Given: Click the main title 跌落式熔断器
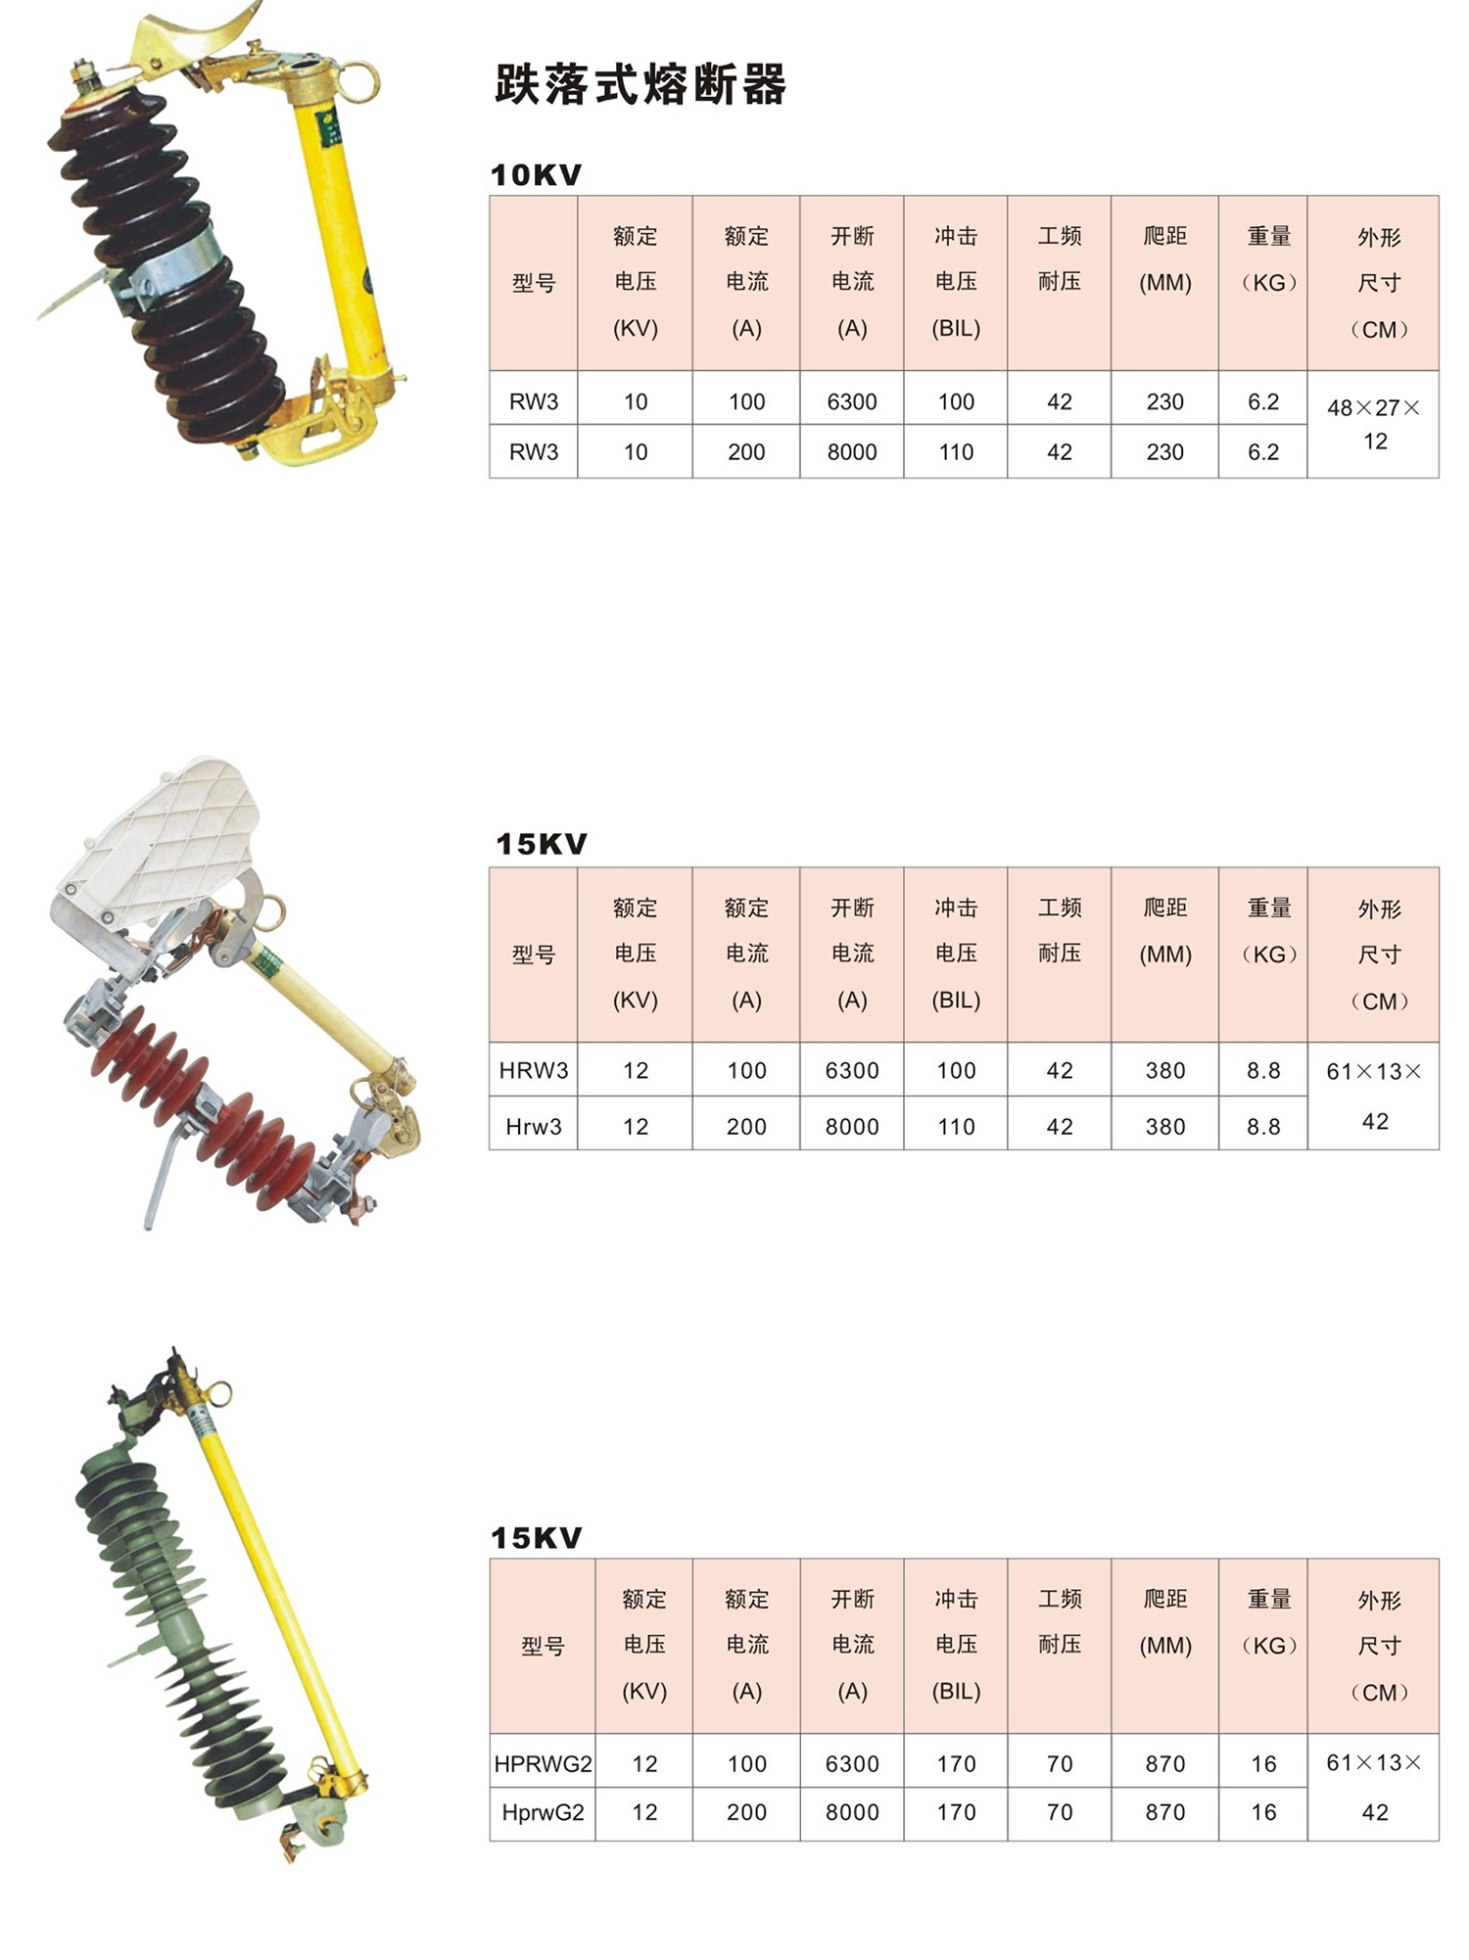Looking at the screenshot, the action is [640, 85].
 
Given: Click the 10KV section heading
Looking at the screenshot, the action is [536, 175].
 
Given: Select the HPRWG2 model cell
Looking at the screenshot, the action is [543, 1763].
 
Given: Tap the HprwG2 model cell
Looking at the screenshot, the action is [543, 1812].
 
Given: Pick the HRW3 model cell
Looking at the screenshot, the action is [534, 1070].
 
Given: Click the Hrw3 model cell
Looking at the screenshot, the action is [534, 1127].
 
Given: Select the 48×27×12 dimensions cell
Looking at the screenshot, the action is [1374, 424].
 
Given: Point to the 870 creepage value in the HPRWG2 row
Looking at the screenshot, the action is [1165, 1763].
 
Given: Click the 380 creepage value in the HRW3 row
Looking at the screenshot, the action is [1165, 1070].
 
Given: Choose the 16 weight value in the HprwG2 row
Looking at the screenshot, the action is [1263, 1812].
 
